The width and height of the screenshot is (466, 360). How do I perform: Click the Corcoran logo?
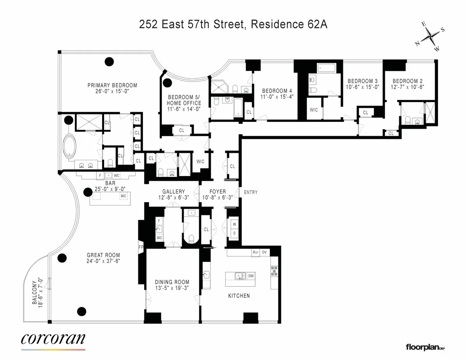[53, 339]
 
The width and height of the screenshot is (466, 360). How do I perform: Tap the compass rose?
[430, 39]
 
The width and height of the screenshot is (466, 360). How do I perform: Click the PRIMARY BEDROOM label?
[112, 85]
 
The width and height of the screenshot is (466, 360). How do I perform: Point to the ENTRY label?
[250, 192]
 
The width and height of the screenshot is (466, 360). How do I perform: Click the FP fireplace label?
[141, 246]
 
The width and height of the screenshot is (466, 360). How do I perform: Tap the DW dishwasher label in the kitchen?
[251, 276]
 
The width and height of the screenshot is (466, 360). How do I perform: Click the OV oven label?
[265, 252]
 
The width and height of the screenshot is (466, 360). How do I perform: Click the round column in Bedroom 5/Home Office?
[168, 83]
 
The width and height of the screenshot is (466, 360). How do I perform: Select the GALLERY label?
[174, 192]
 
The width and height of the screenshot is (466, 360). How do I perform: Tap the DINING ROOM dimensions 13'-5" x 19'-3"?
[172, 288]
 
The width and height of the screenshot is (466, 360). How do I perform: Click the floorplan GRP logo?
[425, 346]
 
